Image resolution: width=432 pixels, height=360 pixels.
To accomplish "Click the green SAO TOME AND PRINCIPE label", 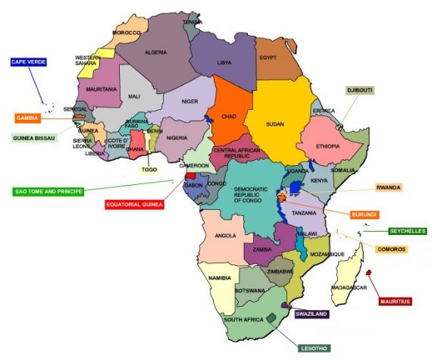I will pos(48,191).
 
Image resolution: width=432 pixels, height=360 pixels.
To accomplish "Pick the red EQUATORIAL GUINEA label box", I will pos(137,203).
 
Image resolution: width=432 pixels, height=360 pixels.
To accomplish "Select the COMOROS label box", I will pos(392,249).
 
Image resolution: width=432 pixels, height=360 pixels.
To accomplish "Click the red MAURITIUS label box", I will pos(395,301).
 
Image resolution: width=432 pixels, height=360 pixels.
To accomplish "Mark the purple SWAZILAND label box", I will pos(311,313).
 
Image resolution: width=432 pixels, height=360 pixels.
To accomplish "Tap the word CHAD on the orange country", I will pos(230,116).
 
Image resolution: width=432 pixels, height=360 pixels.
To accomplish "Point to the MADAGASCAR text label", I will pos(349,287).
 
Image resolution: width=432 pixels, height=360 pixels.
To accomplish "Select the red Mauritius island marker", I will pos(368,273).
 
